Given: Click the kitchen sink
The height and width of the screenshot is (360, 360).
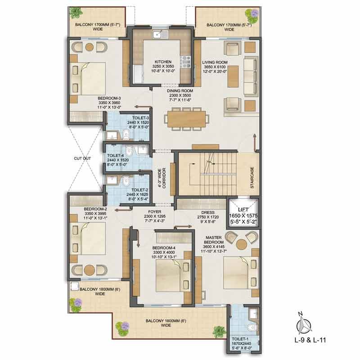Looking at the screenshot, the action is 161,35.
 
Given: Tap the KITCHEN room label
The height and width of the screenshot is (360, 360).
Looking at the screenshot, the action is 163,62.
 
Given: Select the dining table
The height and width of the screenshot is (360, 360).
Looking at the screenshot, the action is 186,119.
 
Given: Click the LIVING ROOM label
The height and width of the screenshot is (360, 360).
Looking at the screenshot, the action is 215,62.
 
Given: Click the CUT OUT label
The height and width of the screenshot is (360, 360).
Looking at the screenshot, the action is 82,158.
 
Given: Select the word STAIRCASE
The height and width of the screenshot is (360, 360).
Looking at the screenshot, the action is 252,178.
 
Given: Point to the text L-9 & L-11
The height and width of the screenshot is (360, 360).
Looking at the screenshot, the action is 310,340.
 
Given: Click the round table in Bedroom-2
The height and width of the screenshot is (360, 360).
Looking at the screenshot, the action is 89,270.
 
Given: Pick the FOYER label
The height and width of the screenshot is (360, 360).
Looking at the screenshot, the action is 154,211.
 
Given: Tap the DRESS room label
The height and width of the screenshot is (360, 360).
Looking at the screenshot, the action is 208,212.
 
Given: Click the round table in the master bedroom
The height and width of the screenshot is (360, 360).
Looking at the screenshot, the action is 242,244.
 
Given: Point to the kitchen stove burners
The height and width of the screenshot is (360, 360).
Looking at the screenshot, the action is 185,62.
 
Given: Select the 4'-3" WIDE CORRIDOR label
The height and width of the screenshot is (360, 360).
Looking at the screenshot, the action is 162,178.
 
